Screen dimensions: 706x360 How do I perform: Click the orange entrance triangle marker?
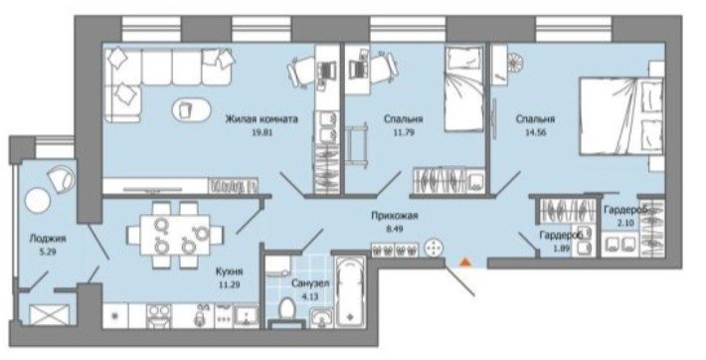click(x=465, y=263)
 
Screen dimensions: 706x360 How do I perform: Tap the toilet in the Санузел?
click(x=286, y=311)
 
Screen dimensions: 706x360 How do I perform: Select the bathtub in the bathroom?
click(x=350, y=290)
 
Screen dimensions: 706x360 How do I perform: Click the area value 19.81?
click(x=262, y=132)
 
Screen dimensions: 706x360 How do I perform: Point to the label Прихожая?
click(x=395, y=216)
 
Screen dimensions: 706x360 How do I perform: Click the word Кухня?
click(x=229, y=271)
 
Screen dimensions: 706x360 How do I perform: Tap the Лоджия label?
click(x=48, y=239)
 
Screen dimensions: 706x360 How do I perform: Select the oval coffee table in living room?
click(x=191, y=109)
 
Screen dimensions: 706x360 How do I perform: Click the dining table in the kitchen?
click(x=175, y=235)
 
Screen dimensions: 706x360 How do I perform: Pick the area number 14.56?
click(x=535, y=132)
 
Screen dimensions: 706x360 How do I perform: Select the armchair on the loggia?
click(x=61, y=177)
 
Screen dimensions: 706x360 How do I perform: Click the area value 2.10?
click(x=625, y=223)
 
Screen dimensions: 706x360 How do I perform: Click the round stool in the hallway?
click(x=434, y=249)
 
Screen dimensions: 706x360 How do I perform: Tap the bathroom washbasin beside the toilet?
click(x=321, y=317)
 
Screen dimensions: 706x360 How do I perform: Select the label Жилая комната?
click(x=262, y=119)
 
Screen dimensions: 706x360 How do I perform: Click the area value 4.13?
click(x=310, y=297)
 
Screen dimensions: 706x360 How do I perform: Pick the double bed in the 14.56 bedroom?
click(x=620, y=115)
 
